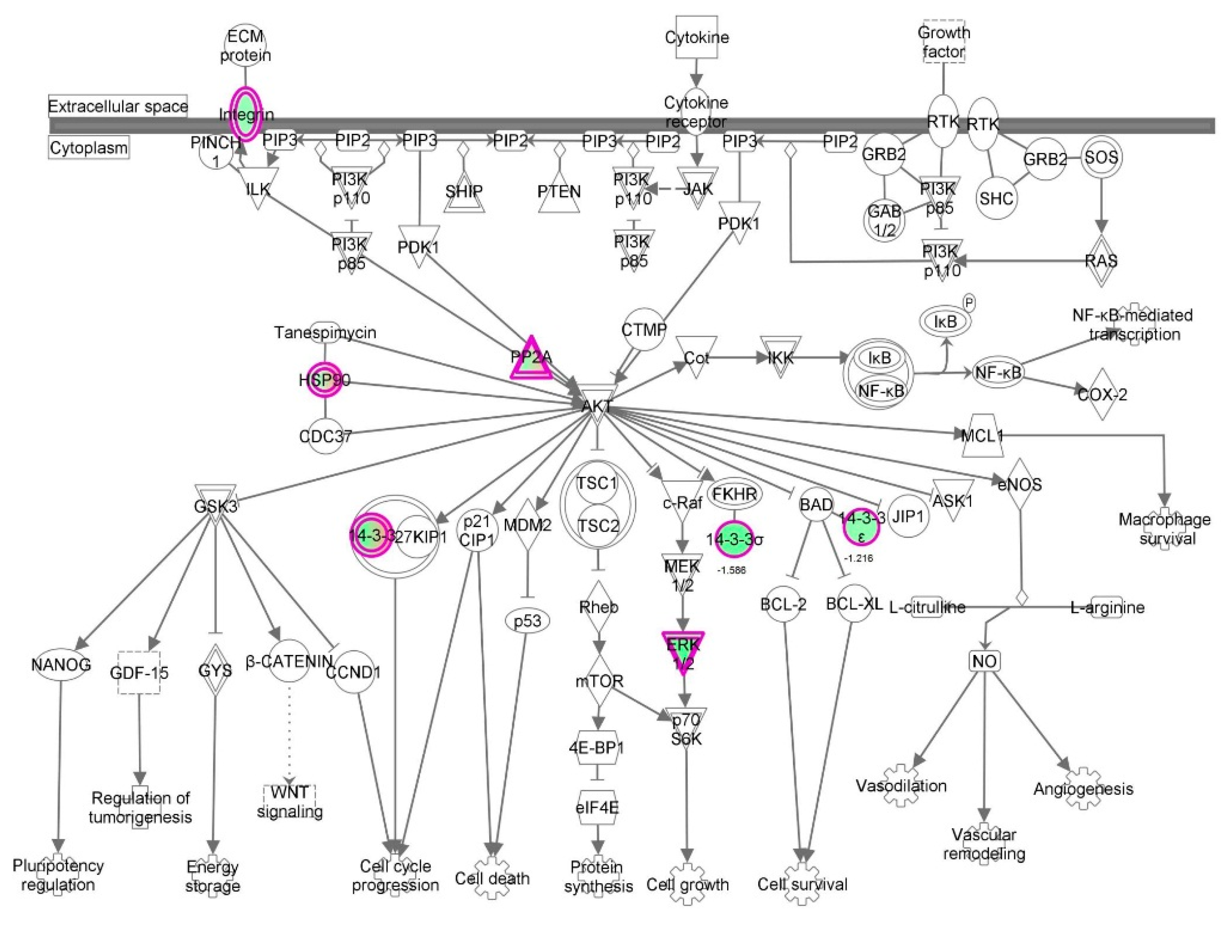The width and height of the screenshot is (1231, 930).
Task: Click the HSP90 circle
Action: pyautogui.click(x=325, y=380)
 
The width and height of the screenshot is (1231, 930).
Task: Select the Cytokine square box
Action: pyautogui.click(x=697, y=37)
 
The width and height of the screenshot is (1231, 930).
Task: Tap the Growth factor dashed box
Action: pyautogui.click(x=944, y=43)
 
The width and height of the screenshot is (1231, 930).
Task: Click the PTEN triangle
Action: pyautogui.click(x=559, y=192)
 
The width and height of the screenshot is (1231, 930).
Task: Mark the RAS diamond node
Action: pyautogui.click(x=1101, y=260)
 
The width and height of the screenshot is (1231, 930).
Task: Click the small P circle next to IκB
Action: pyautogui.click(x=969, y=303)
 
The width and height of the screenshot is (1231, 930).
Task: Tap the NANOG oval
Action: pyautogui.click(x=61, y=664)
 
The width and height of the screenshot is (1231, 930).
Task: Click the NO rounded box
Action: pyautogui.click(x=985, y=661)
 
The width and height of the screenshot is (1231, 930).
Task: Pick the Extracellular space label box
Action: pyautogui.click(x=118, y=106)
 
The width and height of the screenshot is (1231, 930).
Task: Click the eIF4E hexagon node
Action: pyautogui.click(x=598, y=807)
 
